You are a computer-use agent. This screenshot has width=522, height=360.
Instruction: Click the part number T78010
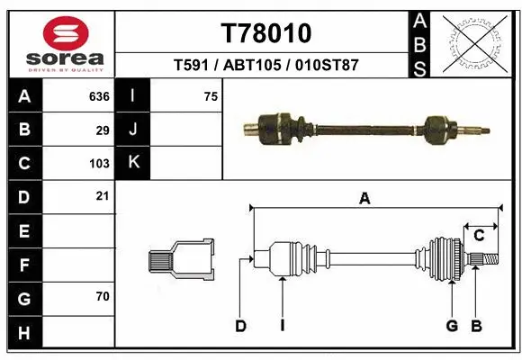[x=266, y=32]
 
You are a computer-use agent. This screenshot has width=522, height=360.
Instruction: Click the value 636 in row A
[x=99, y=95]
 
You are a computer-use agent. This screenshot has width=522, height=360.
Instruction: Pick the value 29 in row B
[x=103, y=130]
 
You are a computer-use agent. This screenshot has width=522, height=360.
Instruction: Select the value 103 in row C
[x=99, y=164]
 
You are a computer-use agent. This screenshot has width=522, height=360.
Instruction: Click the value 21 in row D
[x=103, y=195]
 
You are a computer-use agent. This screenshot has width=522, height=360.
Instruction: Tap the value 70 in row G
[x=103, y=295]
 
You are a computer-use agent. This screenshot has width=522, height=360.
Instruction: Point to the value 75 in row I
[x=211, y=95]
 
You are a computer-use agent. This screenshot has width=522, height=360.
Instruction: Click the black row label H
[x=23, y=333]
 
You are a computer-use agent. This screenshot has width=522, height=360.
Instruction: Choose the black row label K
[x=132, y=163]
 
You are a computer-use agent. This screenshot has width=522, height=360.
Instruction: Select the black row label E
[x=23, y=231]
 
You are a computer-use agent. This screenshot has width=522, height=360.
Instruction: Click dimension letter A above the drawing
[x=364, y=200]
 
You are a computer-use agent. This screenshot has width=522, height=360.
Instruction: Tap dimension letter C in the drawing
[x=480, y=236]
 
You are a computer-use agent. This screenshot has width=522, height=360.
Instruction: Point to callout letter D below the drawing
[x=240, y=326]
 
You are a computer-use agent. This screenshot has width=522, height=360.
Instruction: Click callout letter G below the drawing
[x=452, y=326]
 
